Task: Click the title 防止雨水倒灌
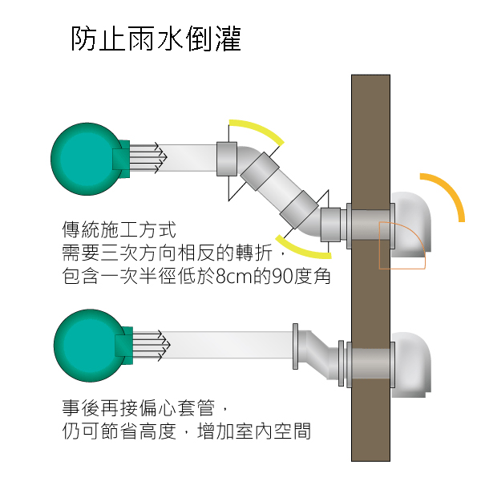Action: click(156, 38)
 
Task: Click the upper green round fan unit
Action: click(87, 159)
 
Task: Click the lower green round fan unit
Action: click(90, 346)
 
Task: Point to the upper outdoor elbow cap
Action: click(411, 225)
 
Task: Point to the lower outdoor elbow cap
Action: click(411, 365)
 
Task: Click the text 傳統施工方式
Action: click(119, 229)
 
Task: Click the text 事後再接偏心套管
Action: click(139, 408)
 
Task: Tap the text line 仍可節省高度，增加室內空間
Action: click(187, 431)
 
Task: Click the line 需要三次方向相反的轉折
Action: click(167, 253)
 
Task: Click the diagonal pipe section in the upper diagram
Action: click(279, 190)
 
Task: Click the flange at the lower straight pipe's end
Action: click(295, 346)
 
